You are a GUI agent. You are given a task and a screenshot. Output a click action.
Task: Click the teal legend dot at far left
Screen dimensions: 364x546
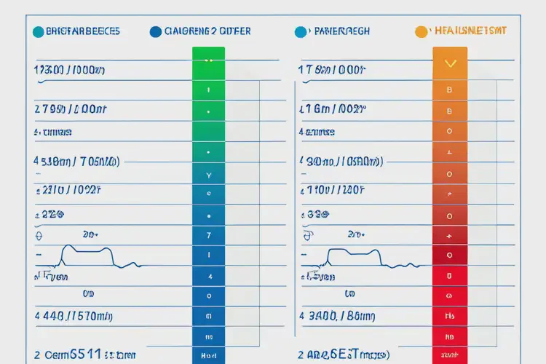[x=38, y=32]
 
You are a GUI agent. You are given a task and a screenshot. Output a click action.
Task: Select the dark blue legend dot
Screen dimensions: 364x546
[x=155, y=32]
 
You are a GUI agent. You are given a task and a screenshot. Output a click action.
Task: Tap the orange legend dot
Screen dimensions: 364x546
[x=420, y=32]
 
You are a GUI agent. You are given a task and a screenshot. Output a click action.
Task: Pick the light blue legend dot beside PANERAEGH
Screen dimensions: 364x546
[x=301, y=32]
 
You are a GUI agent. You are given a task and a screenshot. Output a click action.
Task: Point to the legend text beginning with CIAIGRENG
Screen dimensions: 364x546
[x=208, y=31]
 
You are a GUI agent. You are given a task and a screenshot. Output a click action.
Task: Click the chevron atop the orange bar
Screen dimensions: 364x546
[x=449, y=63]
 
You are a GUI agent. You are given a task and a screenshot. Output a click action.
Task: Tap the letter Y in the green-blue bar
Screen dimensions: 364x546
[x=209, y=175]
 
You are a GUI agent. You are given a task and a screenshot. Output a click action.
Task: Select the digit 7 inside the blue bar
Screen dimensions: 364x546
[x=209, y=236]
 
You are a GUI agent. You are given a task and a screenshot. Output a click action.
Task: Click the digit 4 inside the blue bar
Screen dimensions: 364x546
[x=210, y=277]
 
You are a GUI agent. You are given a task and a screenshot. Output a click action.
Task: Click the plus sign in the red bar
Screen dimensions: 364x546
[x=449, y=237]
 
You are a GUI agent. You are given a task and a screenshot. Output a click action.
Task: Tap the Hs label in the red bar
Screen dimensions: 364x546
[x=449, y=317]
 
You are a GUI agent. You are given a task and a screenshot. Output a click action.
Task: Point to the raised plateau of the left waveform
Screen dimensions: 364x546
[x=87, y=249]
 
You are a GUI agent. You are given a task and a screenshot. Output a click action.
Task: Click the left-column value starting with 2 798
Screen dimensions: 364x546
[x=71, y=110]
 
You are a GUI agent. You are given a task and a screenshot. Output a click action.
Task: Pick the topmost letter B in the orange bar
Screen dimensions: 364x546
[x=449, y=90]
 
